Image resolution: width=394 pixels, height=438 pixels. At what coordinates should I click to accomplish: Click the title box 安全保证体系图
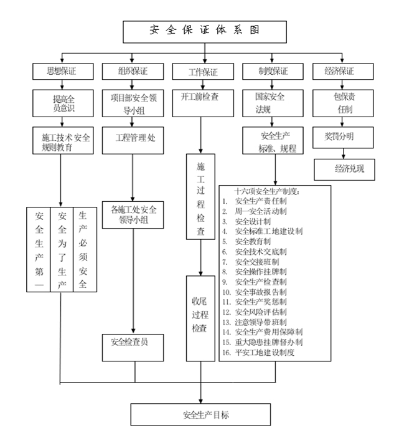204,31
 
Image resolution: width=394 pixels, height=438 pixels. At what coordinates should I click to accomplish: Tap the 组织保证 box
134,70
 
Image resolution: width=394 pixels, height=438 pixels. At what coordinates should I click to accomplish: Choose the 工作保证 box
203,71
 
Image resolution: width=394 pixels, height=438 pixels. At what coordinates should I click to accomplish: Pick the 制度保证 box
272,70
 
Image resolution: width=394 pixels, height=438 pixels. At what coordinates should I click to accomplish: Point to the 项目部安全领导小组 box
134,102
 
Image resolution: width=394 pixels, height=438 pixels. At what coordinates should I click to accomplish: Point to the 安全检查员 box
134,341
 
